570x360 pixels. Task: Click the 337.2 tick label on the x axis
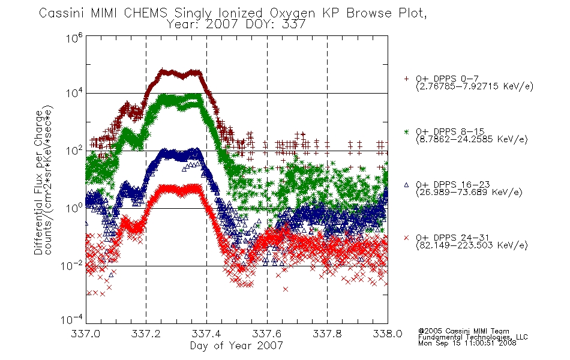tap(146, 334)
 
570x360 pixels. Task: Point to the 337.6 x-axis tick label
tap(267, 334)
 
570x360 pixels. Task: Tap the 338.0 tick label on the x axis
tap(388, 334)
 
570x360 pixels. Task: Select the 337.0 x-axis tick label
tap(85, 334)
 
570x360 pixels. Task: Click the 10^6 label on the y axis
tap(74, 37)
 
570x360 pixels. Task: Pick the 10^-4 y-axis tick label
tap(72, 319)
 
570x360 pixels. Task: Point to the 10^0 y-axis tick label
tap(74, 208)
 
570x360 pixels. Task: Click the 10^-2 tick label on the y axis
tap(72, 266)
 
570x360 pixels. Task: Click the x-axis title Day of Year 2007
tap(236, 346)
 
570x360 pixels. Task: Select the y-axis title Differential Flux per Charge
tap(38, 182)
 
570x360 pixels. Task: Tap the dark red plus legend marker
tap(406, 78)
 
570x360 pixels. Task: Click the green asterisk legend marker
tap(406, 131)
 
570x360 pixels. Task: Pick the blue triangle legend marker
tap(406, 185)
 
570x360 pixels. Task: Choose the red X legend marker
tap(406, 238)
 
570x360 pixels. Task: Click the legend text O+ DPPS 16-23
tap(453, 185)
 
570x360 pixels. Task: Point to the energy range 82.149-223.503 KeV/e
tap(472, 245)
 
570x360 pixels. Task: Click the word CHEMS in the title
tap(145, 13)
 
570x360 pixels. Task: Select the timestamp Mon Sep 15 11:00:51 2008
tap(467, 343)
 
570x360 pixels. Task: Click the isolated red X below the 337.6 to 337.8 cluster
tap(286, 289)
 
